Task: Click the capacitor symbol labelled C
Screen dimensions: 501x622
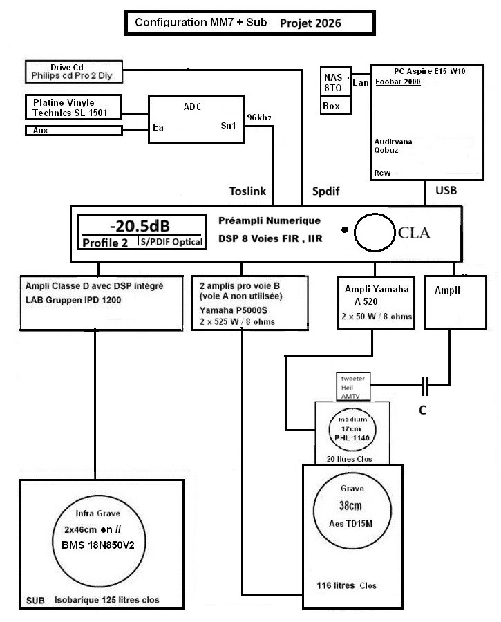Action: (425, 386)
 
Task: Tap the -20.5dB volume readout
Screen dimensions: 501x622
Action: (140, 226)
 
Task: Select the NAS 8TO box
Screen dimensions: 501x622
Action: (336, 82)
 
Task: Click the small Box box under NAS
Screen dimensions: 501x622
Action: (336, 106)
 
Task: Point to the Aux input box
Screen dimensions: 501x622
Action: (74, 131)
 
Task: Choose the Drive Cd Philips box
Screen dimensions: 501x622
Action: (74, 72)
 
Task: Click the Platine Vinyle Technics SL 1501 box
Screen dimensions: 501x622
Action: (73, 107)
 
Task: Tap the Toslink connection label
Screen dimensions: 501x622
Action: (248, 191)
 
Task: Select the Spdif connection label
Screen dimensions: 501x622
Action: (325, 191)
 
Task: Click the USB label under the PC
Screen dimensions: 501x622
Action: (446, 191)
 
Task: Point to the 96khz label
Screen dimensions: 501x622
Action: (259, 117)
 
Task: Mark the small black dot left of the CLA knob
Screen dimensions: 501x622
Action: (345, 229)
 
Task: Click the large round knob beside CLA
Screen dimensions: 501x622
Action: (375, 214)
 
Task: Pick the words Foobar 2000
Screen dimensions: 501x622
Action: (398, 82)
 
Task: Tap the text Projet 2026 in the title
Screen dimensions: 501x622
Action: (310, 23)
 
